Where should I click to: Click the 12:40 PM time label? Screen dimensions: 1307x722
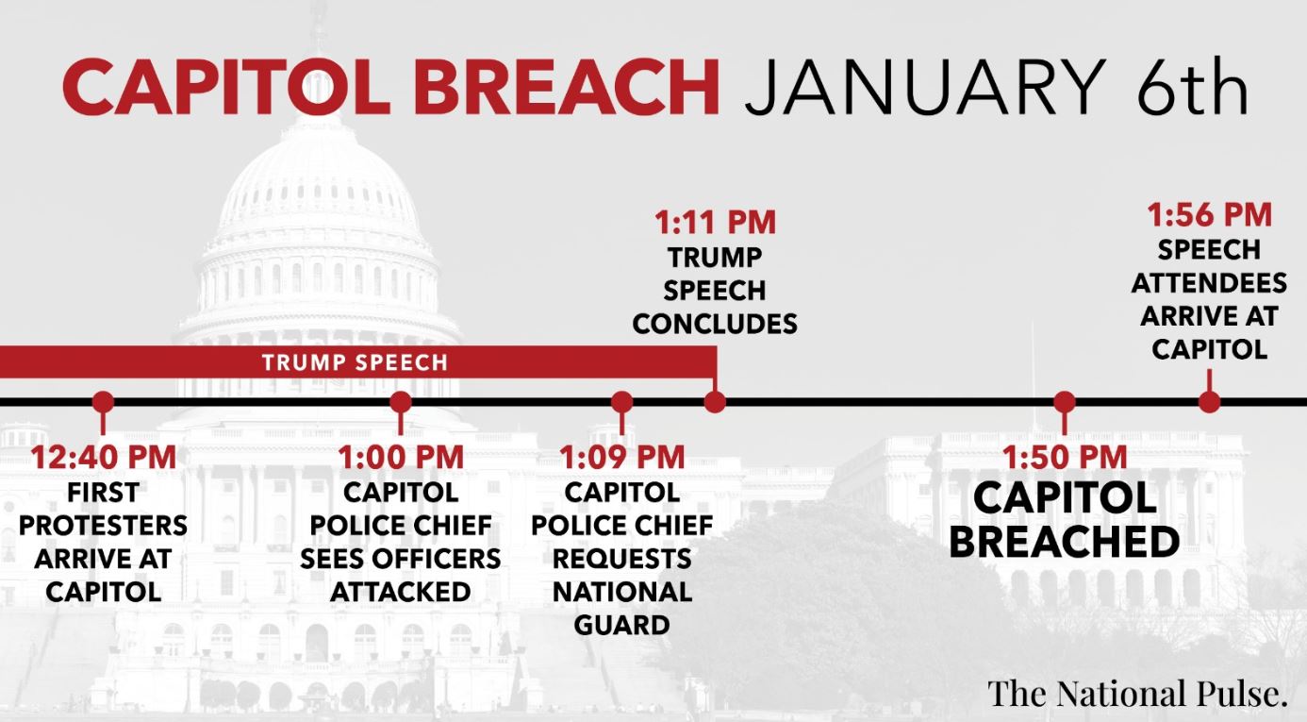104,457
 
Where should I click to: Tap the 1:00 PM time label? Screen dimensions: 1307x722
401,457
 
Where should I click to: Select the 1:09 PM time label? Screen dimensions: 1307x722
622,457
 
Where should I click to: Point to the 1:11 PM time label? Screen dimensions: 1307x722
716,223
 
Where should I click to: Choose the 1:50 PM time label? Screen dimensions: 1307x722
1065,457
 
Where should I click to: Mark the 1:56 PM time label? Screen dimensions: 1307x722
1210,214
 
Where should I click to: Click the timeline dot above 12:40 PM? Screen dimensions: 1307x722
104,402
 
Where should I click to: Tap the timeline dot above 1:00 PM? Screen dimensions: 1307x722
401,402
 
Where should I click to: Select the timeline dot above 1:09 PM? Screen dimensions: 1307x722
622,402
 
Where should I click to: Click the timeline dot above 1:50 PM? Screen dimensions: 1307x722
1065,402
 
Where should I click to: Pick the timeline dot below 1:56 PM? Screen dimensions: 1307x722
1210,402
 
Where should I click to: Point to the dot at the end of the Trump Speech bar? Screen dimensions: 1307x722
716,402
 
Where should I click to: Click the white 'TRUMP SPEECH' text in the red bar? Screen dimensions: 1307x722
355,362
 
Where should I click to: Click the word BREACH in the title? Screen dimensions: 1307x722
567,87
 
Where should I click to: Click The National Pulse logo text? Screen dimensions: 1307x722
1138,694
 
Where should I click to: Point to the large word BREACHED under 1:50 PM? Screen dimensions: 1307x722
1065,542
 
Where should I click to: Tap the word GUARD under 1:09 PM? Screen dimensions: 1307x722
622,626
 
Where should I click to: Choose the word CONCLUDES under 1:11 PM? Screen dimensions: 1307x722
716,324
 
